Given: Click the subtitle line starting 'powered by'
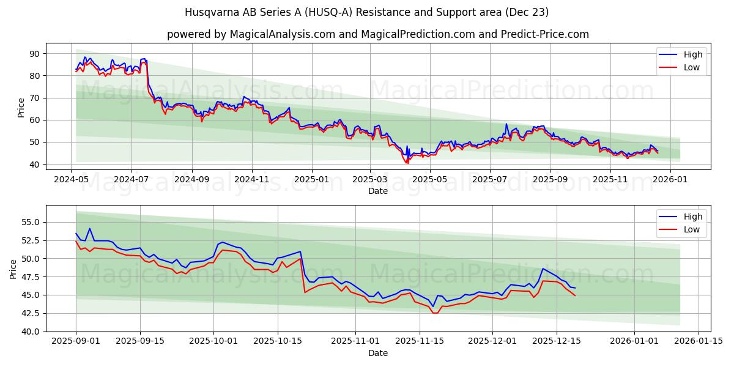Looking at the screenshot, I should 377,34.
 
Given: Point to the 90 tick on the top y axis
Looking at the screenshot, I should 34,54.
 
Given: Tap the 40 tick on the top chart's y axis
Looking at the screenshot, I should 34,165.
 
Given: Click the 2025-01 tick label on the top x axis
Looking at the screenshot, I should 312,179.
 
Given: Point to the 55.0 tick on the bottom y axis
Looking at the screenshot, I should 30,222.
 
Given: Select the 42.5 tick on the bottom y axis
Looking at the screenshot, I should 30,313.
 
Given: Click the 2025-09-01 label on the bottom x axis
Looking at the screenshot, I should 76,341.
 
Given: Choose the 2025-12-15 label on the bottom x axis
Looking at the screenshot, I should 556,341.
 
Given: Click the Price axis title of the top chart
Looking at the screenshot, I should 21,108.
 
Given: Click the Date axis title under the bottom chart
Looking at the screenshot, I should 377,353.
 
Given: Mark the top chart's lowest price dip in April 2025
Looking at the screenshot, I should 407,163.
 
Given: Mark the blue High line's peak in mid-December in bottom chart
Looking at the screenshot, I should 543,269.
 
